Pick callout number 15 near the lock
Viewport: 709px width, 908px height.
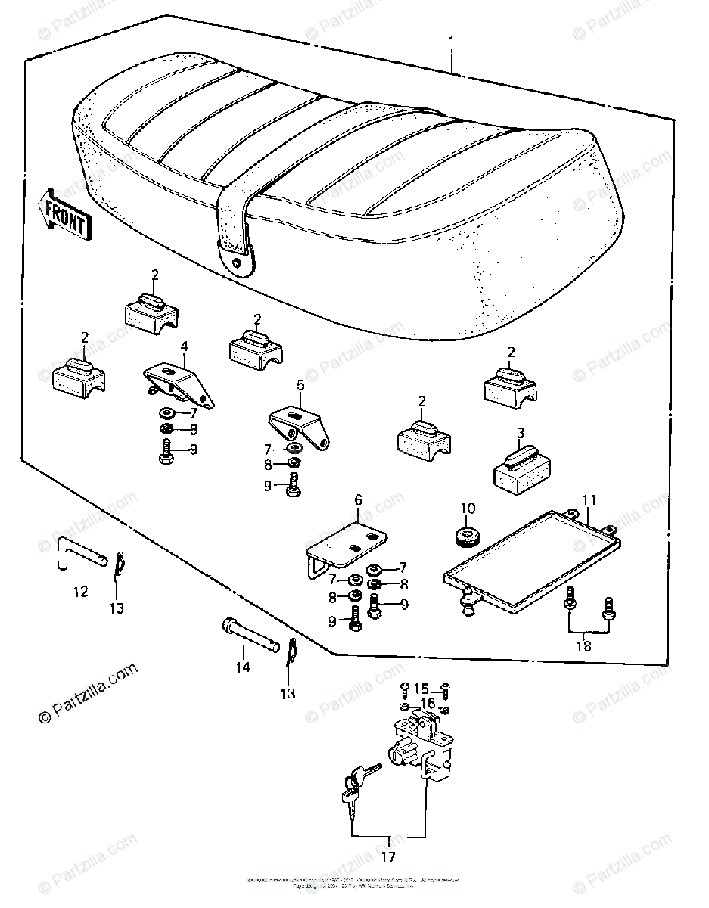click(421, 688)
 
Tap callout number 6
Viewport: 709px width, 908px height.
click(359, 500)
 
